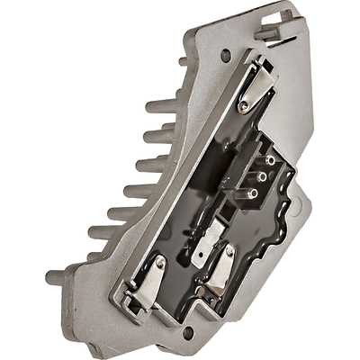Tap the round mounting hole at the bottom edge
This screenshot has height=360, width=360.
point(189,333)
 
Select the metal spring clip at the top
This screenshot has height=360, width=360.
point(256,84)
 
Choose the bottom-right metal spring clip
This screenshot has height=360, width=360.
point(221,270)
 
